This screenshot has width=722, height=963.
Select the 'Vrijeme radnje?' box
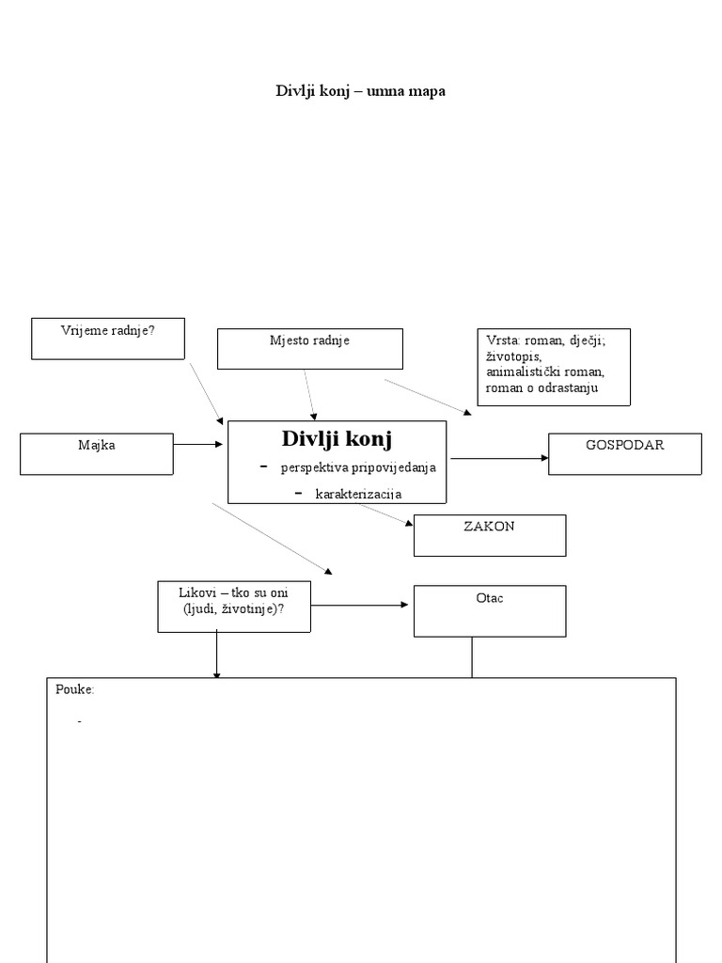click(107, 339)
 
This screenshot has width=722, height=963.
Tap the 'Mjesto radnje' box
click(309, 348)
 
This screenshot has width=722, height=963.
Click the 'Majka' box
click(97, 453)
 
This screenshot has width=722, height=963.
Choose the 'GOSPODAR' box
click(624, 453)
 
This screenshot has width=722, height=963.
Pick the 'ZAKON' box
click(489, 535)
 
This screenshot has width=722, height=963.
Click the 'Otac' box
click(490, 610)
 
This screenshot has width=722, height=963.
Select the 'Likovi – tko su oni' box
click(234, 606)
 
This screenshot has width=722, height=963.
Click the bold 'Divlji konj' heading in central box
click(337, 438)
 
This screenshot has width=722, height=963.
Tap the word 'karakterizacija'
click(358, 493)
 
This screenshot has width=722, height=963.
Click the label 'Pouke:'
click(75, 689)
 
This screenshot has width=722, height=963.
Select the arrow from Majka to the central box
click(199, 444)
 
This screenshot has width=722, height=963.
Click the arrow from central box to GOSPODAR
click(498, 458)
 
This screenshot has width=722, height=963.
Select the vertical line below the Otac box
click(472, 657)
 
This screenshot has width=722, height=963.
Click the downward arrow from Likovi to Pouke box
click(217, 655)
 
